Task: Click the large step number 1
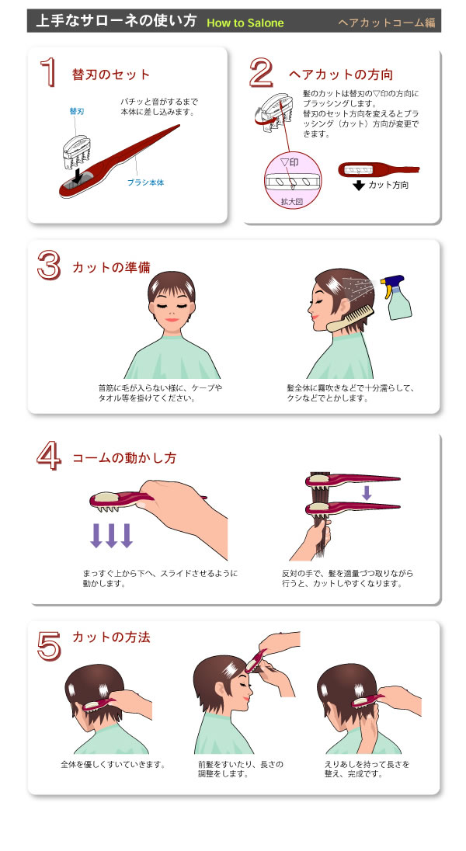(x=49, y=71)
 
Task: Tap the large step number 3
(x=49, y=265)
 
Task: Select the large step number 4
(x=49, y=455)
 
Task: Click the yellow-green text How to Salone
(x=245, y=23)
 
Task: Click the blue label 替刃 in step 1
(x=75, y=112)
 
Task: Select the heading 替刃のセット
(x=111, y=75)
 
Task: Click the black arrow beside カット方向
(x=358, y=186)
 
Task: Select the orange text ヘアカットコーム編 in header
(x=386, y=23)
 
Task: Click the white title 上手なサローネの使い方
(x=116, y=22)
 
